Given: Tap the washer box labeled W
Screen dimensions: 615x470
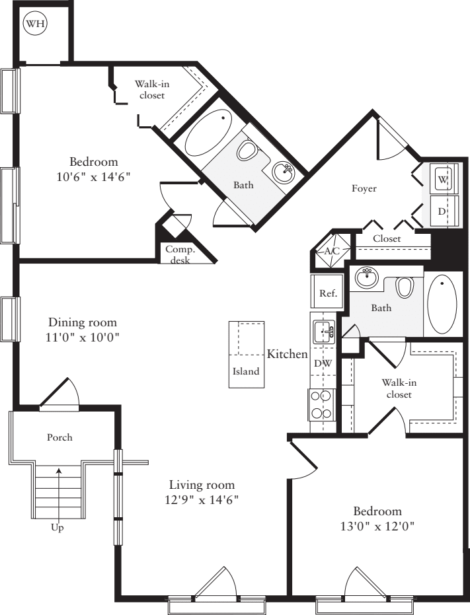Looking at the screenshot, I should [x=442, y=179].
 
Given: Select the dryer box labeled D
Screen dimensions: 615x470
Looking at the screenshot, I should [x=442, y=211].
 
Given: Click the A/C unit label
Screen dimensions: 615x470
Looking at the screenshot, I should [x=332, y=251].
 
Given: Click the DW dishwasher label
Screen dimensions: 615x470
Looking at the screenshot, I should [x=323, y=363].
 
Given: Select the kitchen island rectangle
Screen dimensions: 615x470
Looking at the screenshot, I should [x=246, y=355].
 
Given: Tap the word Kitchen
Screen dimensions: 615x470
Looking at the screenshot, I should [x=287, y=354].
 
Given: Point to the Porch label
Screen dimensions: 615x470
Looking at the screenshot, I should [x=59, y=437].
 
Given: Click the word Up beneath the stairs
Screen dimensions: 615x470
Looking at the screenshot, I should [x=58, y=528].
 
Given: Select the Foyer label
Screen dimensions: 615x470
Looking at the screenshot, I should [x=364, y=189].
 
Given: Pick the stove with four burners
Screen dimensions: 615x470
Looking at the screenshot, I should [x=321, y=404].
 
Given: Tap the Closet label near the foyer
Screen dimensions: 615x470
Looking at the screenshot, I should [x=386, y=238].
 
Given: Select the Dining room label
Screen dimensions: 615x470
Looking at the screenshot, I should [x=83, y=322].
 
